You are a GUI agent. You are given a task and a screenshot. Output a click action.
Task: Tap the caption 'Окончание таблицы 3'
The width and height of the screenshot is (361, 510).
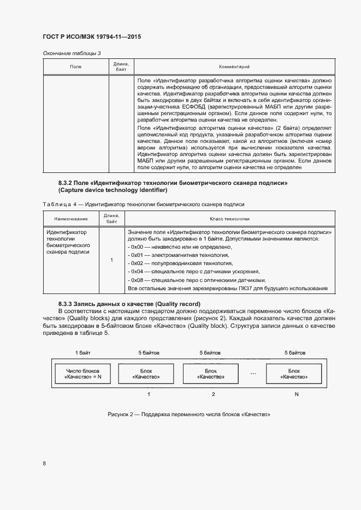72,53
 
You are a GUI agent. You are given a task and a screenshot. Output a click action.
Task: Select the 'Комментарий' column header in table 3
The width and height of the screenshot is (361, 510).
234,67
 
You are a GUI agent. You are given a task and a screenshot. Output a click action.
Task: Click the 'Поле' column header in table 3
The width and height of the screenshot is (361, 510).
75,67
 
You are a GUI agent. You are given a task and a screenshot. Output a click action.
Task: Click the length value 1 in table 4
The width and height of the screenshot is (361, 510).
111,260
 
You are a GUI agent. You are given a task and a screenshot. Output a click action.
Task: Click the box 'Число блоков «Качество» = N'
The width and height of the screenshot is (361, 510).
83,374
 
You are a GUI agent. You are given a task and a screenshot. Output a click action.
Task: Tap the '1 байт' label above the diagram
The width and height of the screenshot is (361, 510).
83,353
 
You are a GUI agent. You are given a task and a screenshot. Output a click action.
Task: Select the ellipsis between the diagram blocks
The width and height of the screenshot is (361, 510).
252,374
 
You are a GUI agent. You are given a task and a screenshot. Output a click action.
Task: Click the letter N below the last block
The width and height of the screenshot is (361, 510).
297,394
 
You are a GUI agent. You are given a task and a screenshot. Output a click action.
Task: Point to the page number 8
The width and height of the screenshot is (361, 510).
44,464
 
